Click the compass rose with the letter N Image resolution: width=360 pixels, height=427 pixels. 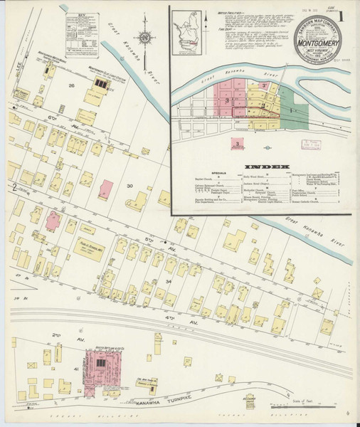144,37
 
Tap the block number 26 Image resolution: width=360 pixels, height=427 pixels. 71,85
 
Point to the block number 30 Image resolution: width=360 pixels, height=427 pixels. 129,186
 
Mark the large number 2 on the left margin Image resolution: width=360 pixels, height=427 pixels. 14,188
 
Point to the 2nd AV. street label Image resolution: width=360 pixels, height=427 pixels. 55,334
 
